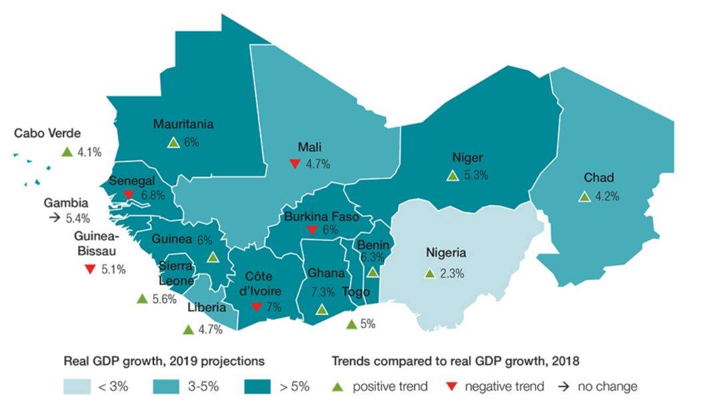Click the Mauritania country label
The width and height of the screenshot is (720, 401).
point(183,124)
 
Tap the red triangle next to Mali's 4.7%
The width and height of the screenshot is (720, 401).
point(295,163)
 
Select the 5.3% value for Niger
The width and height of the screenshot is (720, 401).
point(476,175)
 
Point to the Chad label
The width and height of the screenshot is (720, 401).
point(599,177)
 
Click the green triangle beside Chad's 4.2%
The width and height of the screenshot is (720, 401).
point(584,197)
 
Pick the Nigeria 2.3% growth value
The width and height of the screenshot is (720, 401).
point(452,274)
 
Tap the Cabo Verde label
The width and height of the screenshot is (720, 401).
point(47,133)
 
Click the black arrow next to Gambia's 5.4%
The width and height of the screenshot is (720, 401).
point(55,218)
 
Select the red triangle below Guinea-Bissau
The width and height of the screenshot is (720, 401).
point(90,269)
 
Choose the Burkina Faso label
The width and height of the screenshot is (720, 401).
point(321,216)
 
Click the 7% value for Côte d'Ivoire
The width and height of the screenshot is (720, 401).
point(274,307)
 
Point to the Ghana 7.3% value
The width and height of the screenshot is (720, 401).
point(323,292)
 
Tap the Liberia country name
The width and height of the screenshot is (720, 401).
point(207,308)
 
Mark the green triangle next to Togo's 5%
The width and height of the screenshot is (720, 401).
point(351,324)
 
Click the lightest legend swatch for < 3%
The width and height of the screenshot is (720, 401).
point(77,386)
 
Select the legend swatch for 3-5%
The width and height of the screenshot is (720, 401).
point(166,386)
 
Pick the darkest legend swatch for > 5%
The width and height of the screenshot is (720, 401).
point(257,386)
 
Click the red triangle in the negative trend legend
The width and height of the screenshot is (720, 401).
point(452,386)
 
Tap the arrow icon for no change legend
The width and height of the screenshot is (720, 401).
point(563,386)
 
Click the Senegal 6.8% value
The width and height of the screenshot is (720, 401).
point(153,195)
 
